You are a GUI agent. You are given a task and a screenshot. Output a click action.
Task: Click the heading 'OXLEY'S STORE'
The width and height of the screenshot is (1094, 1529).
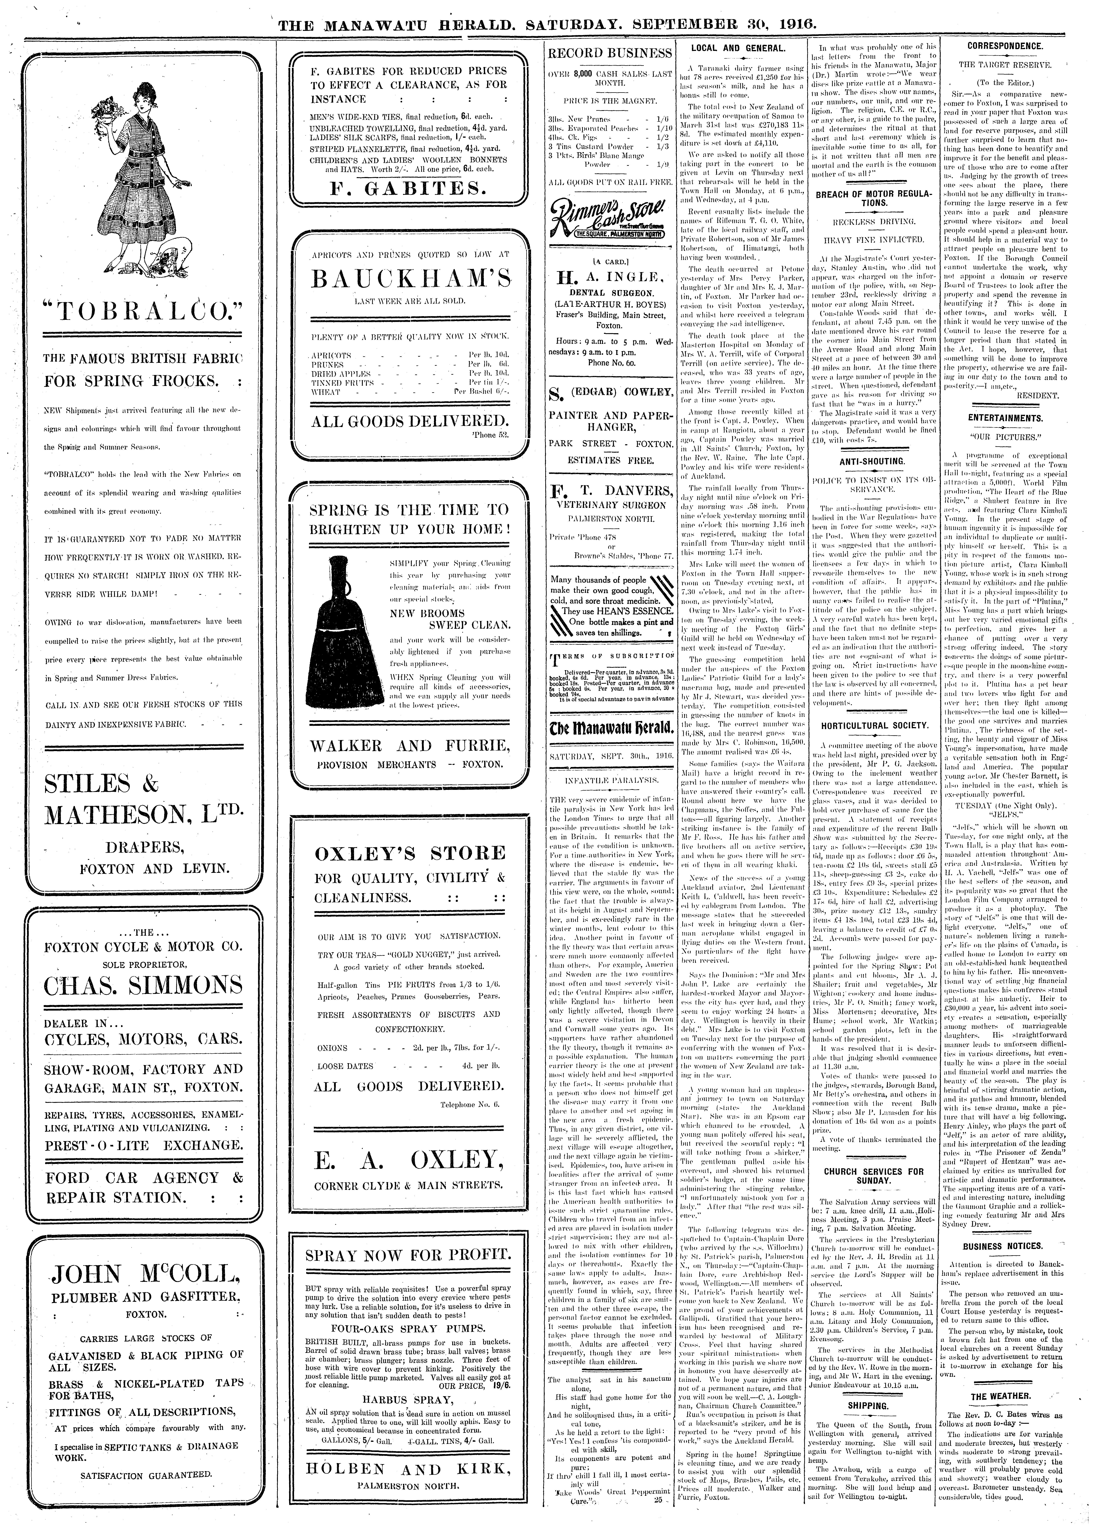pos(410,853)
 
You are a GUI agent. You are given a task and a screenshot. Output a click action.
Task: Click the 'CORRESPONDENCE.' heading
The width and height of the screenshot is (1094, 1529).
pos(1005,46)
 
